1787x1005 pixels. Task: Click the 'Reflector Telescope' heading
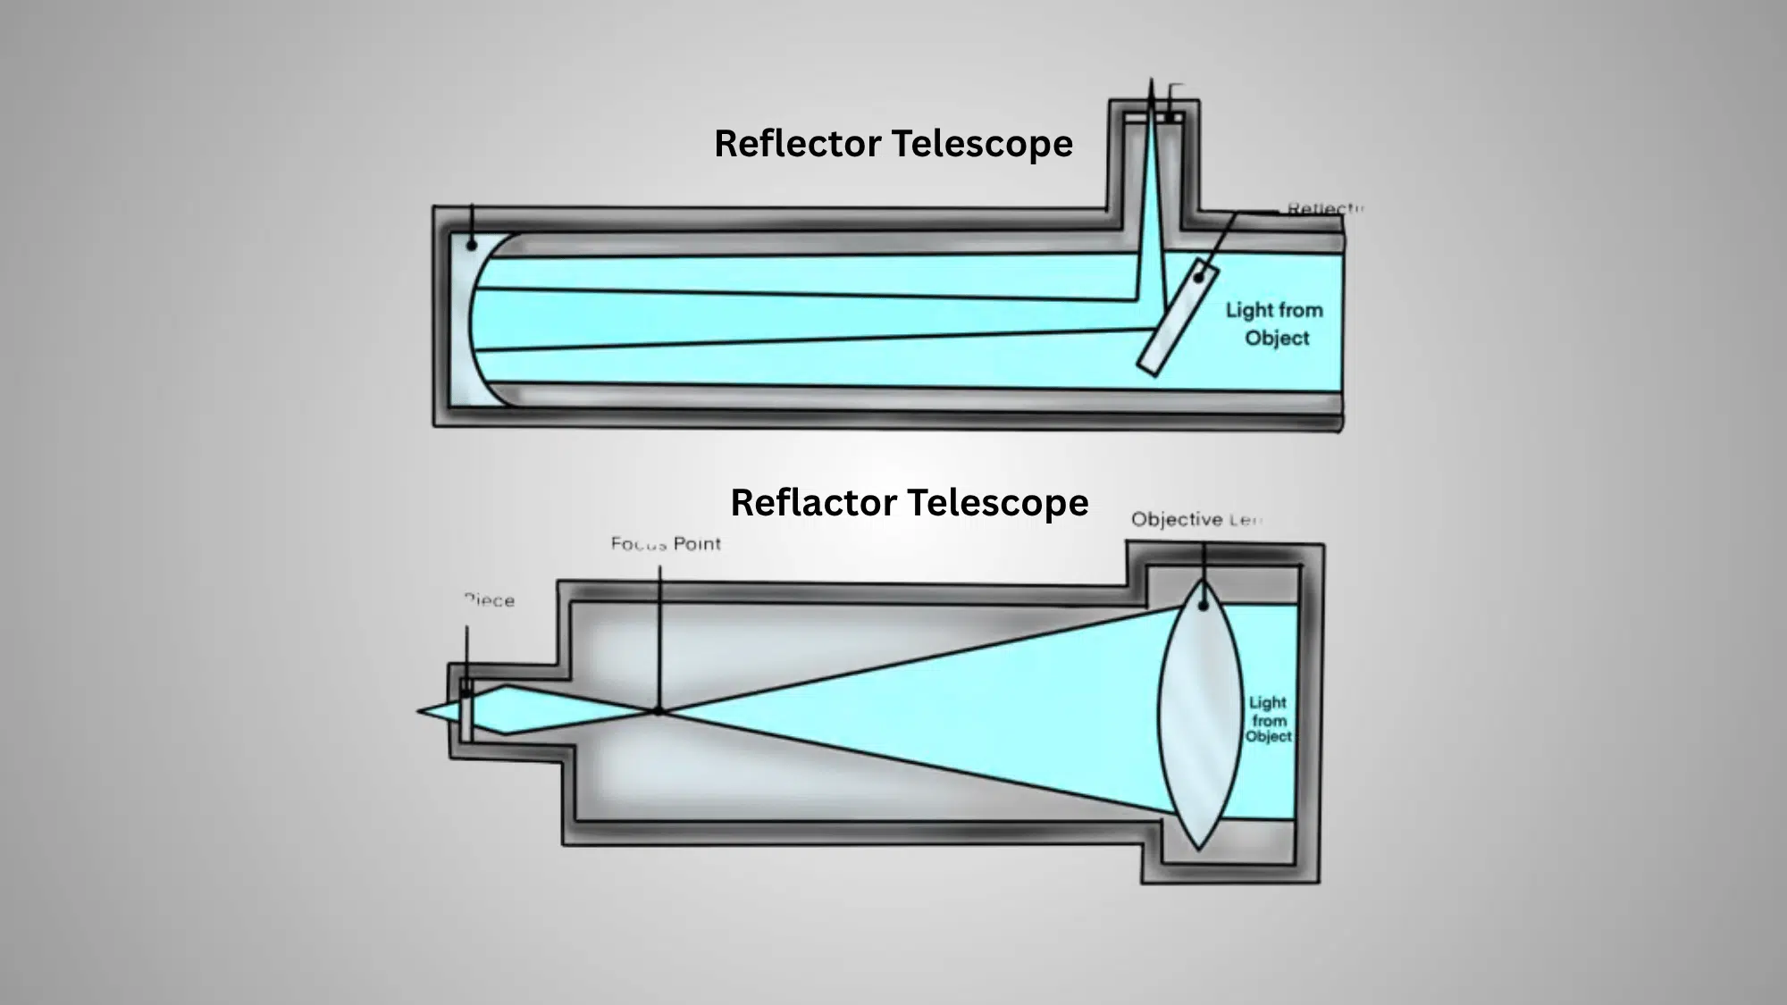893,144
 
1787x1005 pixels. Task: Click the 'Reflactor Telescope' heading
909,503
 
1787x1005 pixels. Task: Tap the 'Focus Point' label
666,543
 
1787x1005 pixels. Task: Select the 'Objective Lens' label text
1196,519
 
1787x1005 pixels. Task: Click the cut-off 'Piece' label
490,600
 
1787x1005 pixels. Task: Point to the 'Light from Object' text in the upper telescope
1275,323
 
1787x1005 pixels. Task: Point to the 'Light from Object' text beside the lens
1269,719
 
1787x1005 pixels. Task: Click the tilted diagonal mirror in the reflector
1177,317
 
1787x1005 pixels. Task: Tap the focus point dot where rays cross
659,711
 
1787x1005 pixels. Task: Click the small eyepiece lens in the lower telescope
466,710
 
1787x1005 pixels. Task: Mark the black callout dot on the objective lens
1204,605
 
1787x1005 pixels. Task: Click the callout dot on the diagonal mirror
1199,278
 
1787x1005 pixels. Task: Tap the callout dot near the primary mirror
472,244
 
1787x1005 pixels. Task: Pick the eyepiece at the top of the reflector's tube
1154,117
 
